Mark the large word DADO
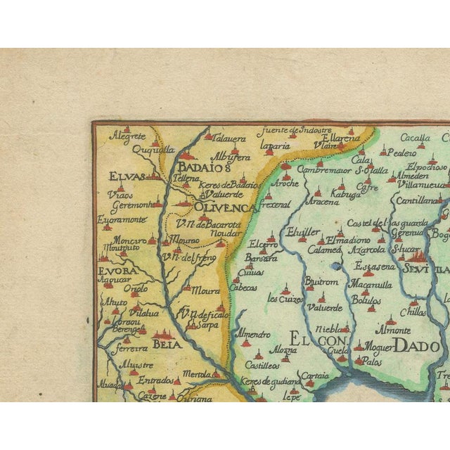tap(417, 345)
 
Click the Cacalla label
tap(416, 138)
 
